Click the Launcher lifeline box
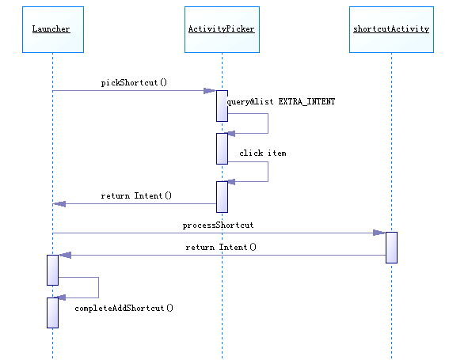[53, 30]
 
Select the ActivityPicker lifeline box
[222, 30]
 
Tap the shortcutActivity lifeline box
[391, 30]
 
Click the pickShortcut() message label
[134, 83]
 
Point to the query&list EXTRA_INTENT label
[281, 101]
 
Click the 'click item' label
[263, 153]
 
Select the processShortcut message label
[218, 225]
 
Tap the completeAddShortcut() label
[124, 309]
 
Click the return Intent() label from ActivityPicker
[136, 195]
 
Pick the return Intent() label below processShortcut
[221, 247]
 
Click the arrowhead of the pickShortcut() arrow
[209, 91]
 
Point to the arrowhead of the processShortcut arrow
[379, 233]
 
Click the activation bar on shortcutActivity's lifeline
[391, 248]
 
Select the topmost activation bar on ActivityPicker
[222, 106]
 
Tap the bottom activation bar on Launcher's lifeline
[53, 313]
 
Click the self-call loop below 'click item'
[268, 172]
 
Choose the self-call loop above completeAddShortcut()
[98, 287]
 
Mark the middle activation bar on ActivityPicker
[222, 149]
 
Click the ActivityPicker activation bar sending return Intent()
[222, 197]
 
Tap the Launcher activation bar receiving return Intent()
[53, 270]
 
